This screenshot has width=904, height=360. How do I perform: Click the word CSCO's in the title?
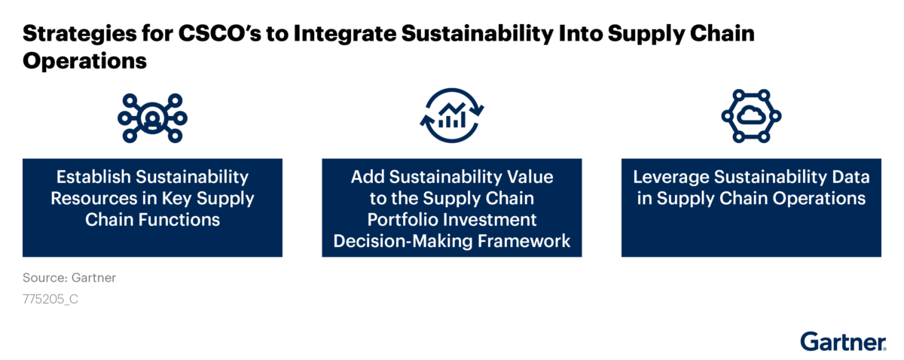[x=220, y=33]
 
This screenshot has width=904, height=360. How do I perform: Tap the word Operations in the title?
[x=84, y=61]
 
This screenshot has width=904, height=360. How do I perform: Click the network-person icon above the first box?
[x=152, y=117]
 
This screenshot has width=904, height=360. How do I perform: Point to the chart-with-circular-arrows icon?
[x=452, y=115]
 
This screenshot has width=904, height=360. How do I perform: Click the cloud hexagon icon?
[x=751, y=116]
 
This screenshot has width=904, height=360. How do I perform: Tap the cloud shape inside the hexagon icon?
[x=751, y=115]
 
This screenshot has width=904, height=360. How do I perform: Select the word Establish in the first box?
[x=93, y=177]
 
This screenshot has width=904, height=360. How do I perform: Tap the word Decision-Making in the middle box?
[x=403, y=241]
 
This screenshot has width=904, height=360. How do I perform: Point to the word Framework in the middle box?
[x=524, y=241]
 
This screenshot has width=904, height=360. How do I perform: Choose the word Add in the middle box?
[x=368, y=177]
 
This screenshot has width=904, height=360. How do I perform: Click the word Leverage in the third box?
[x=670, y=178]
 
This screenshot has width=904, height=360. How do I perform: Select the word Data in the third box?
[x=851, y=177]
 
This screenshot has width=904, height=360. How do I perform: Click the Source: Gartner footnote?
[x=69, y=278]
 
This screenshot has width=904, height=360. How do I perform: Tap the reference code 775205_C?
[x=50, y=299]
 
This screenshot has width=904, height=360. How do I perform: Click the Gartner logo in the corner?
[x=844, y=342]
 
